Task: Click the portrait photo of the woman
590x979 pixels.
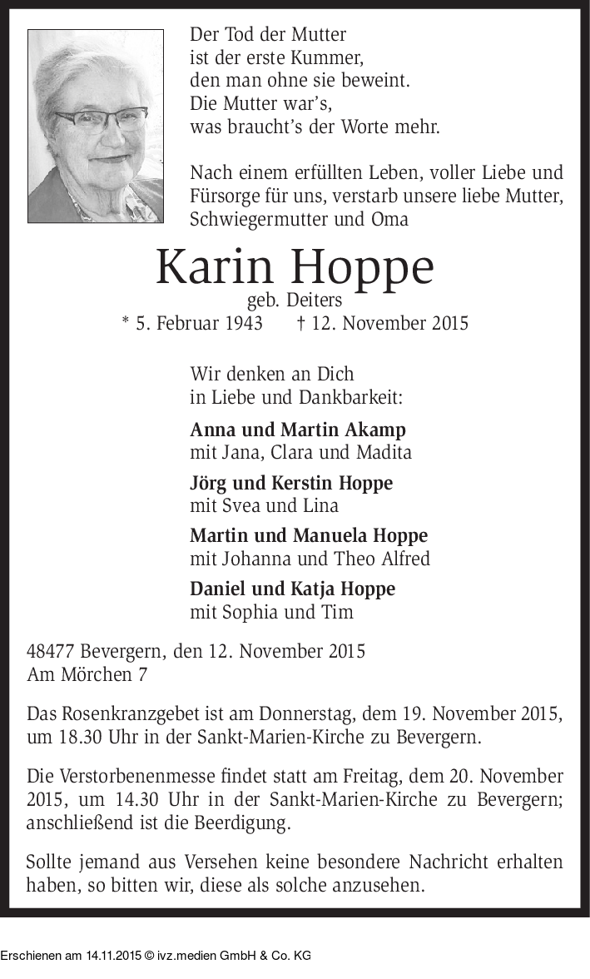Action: pos(95,127)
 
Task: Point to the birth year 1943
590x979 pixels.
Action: pos(242,323)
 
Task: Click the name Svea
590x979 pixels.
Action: pos(240,505)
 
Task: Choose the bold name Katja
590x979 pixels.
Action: pos(311,589)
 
